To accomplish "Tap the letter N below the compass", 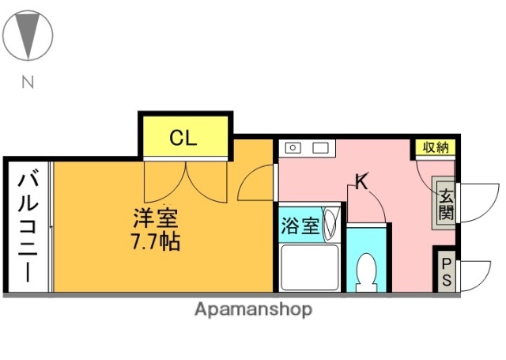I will point(28,81).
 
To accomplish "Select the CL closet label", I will point(183,139).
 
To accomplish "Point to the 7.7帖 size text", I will point(154,241).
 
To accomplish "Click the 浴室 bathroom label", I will point(300,225).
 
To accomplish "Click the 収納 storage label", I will point(434,147).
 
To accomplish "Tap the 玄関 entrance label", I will point(446,205).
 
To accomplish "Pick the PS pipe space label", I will point(446,271).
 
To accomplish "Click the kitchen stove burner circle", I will point(293,147).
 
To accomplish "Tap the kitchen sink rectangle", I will point(320,147).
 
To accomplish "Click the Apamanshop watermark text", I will point(253,309).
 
